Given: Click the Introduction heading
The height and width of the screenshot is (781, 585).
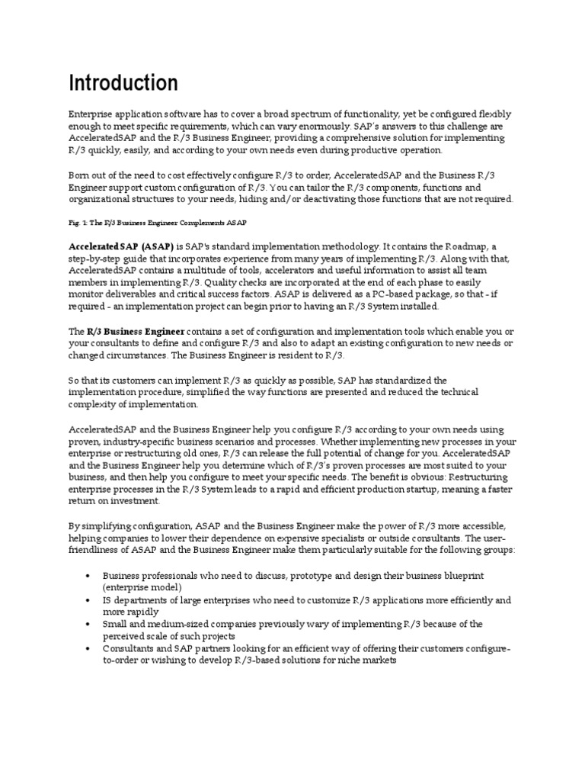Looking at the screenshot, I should click(123, 82).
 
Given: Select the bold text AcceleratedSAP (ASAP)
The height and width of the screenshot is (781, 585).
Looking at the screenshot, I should click(120, 248).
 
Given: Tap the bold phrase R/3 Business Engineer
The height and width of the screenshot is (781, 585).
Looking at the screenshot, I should click(135, 332).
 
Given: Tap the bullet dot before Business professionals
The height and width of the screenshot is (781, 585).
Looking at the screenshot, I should click(90, 575).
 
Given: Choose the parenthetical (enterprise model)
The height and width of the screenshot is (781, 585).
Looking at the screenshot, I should click(142, 587).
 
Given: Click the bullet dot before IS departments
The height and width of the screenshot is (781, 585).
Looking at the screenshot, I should click(90, 599).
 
